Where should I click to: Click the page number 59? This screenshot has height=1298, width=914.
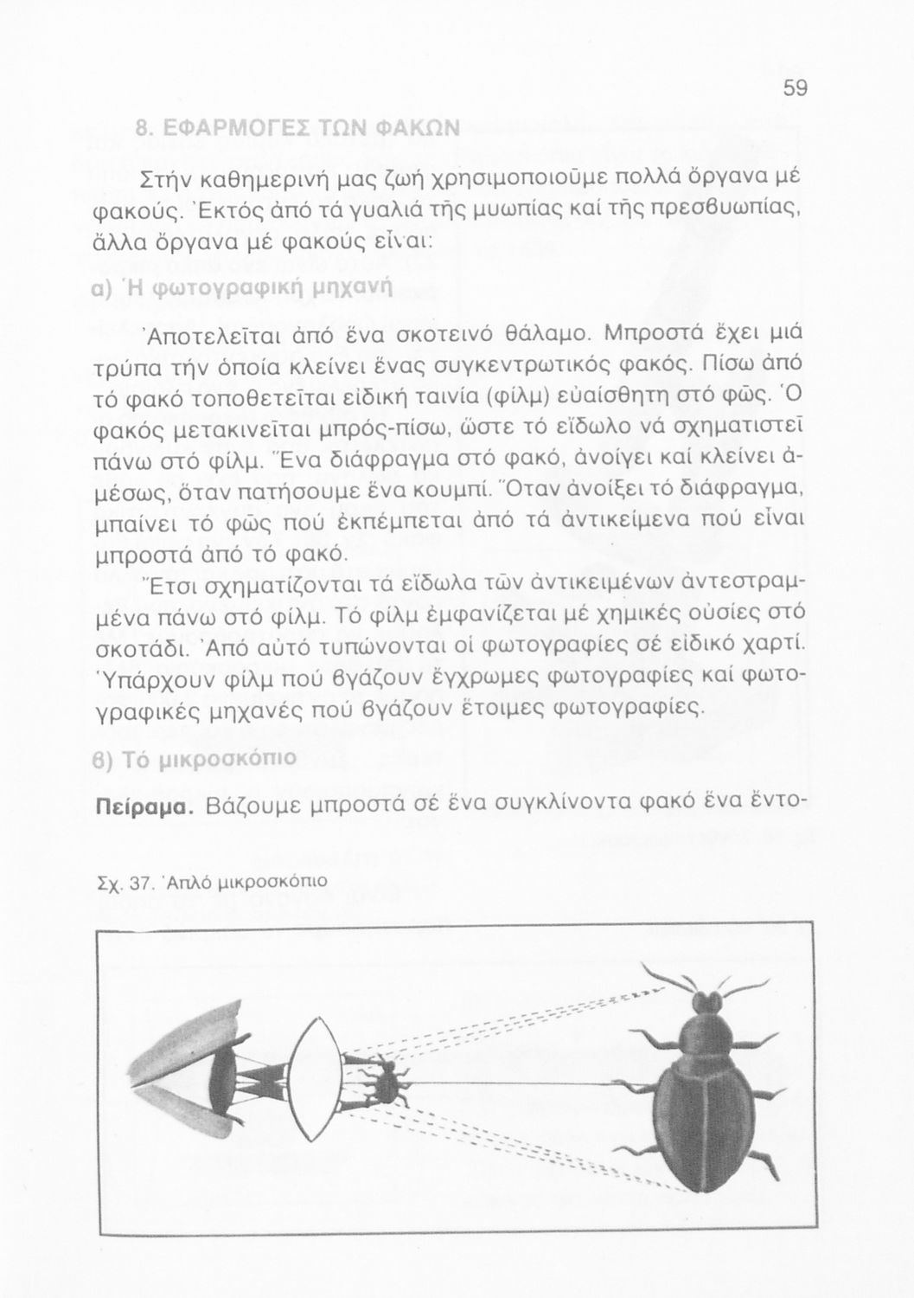tap(795, 89)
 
